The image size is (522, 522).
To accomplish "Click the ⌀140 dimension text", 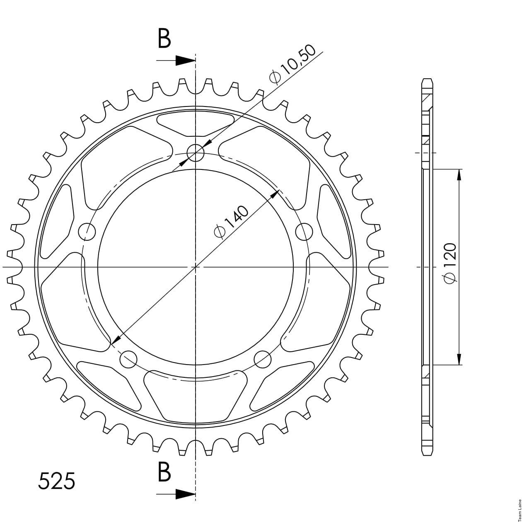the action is click(231, 222).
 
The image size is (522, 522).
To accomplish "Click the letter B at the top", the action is click(164, 39).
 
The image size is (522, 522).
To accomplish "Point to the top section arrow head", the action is click(185, 60).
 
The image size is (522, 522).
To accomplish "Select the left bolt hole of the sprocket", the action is click(87, 232).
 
